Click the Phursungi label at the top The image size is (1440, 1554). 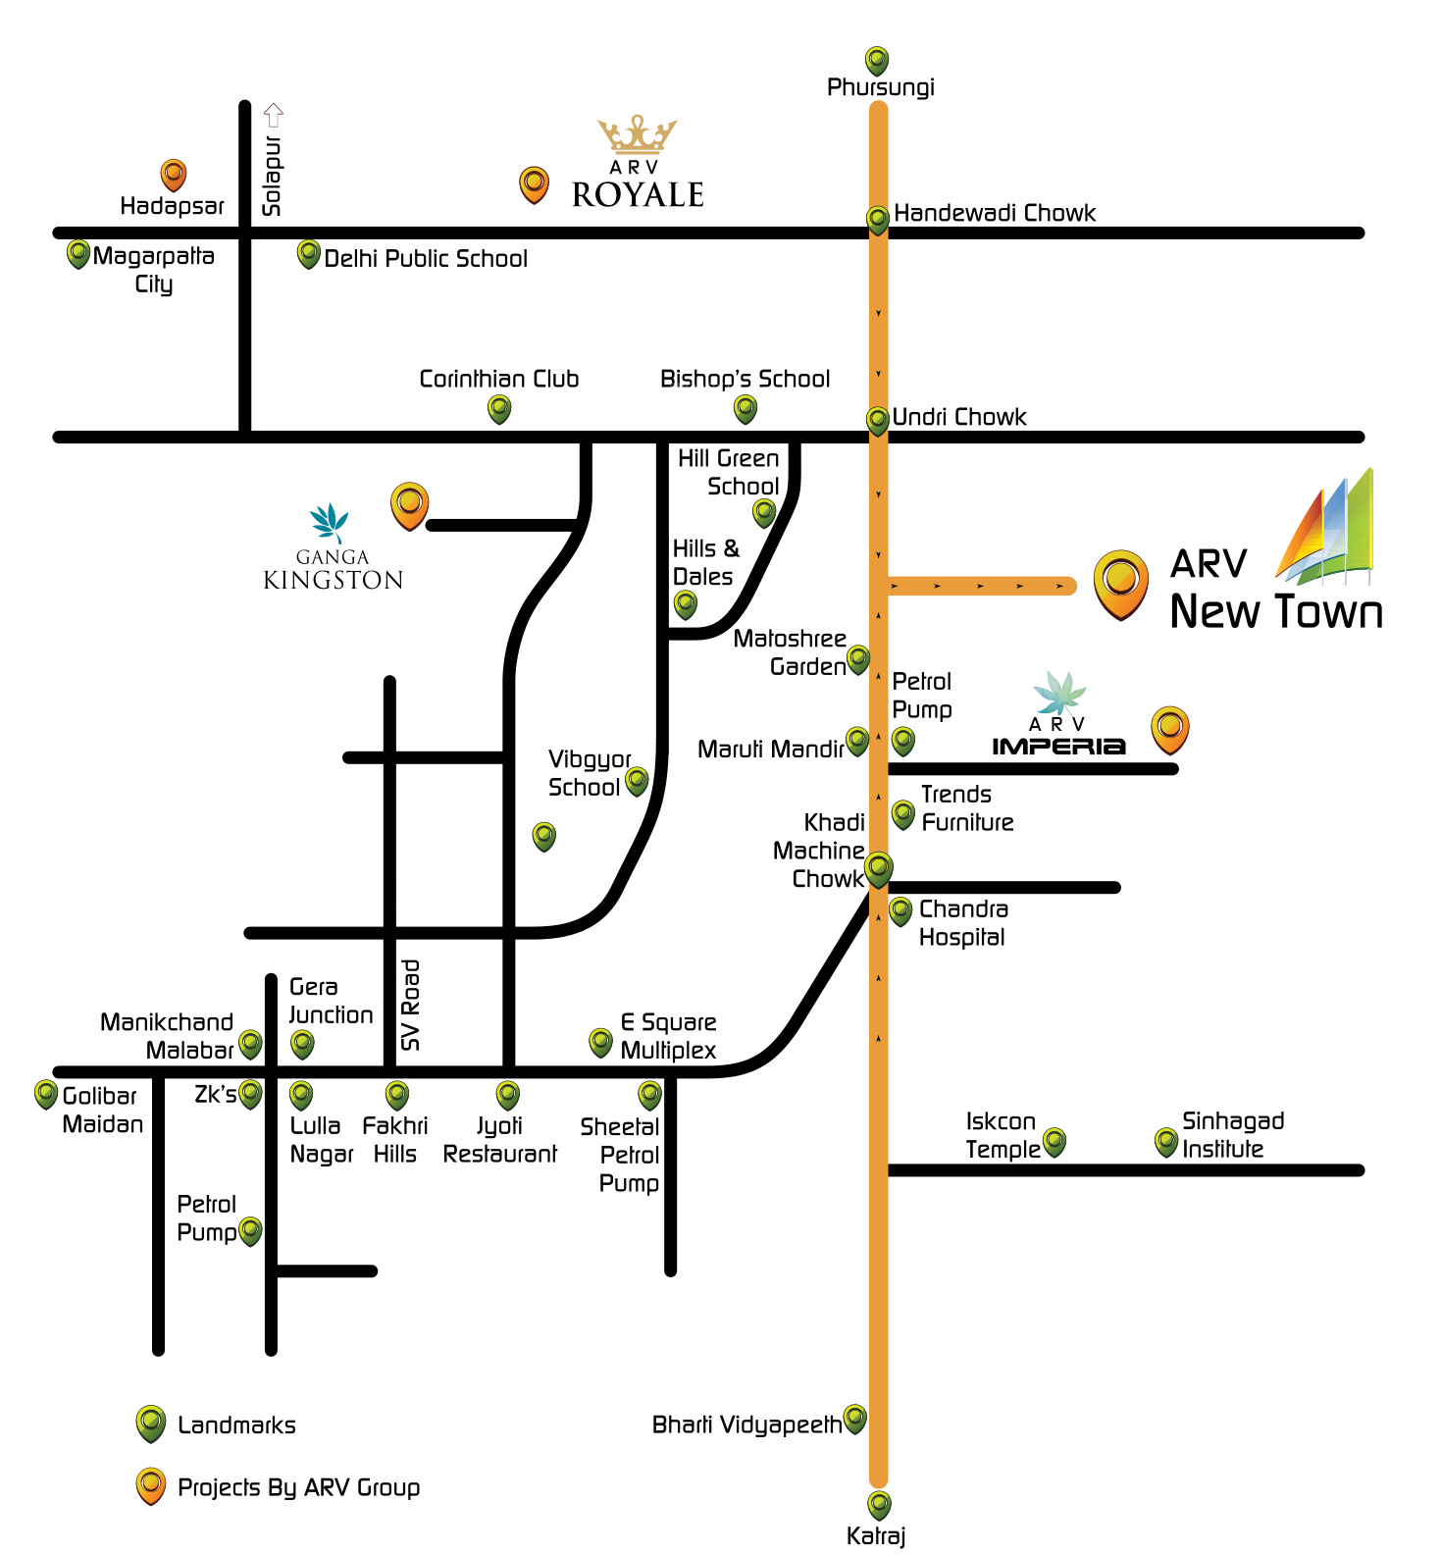coord(880,87)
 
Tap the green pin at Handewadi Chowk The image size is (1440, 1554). coord(877,219)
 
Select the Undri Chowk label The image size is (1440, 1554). coord(958,417)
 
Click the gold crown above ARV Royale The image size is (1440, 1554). coord(638,134)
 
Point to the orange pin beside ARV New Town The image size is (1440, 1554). coord(1120,583)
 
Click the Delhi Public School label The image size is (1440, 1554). coord(426,259)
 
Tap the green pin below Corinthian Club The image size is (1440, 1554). coord(499,409)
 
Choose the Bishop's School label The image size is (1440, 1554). coord(745,379)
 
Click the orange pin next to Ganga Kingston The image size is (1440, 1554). coord(409,505)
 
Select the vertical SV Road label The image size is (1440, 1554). coord(411,1005)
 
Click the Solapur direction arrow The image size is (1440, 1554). coord(274,115)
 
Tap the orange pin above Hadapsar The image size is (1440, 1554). coord(174,176)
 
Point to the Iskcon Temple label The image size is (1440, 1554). coord(1002,1135)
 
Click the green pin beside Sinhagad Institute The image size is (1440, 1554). coord(1165,1142)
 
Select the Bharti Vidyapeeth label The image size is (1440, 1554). coord(746,1424)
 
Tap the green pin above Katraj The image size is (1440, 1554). coord(879,1504)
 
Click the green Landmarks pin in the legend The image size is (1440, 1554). coord(150,1424)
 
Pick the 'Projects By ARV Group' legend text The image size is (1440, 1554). coord(298,1487)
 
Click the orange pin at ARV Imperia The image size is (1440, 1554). coord(1169,729)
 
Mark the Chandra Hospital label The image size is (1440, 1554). coord(962,922)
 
